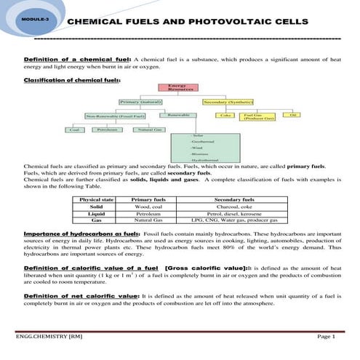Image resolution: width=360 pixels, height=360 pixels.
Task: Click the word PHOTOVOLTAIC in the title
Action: point(225,22)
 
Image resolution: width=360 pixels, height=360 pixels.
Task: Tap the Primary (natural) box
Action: point(140,102)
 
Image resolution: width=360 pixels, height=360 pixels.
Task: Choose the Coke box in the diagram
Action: point(226,115)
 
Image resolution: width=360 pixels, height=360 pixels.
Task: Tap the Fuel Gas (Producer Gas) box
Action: point(253,116)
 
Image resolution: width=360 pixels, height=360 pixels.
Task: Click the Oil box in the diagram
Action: point(292,115)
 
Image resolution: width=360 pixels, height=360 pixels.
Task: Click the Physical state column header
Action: point(97,199)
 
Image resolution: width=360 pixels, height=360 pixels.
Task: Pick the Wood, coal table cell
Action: point(148,207)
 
